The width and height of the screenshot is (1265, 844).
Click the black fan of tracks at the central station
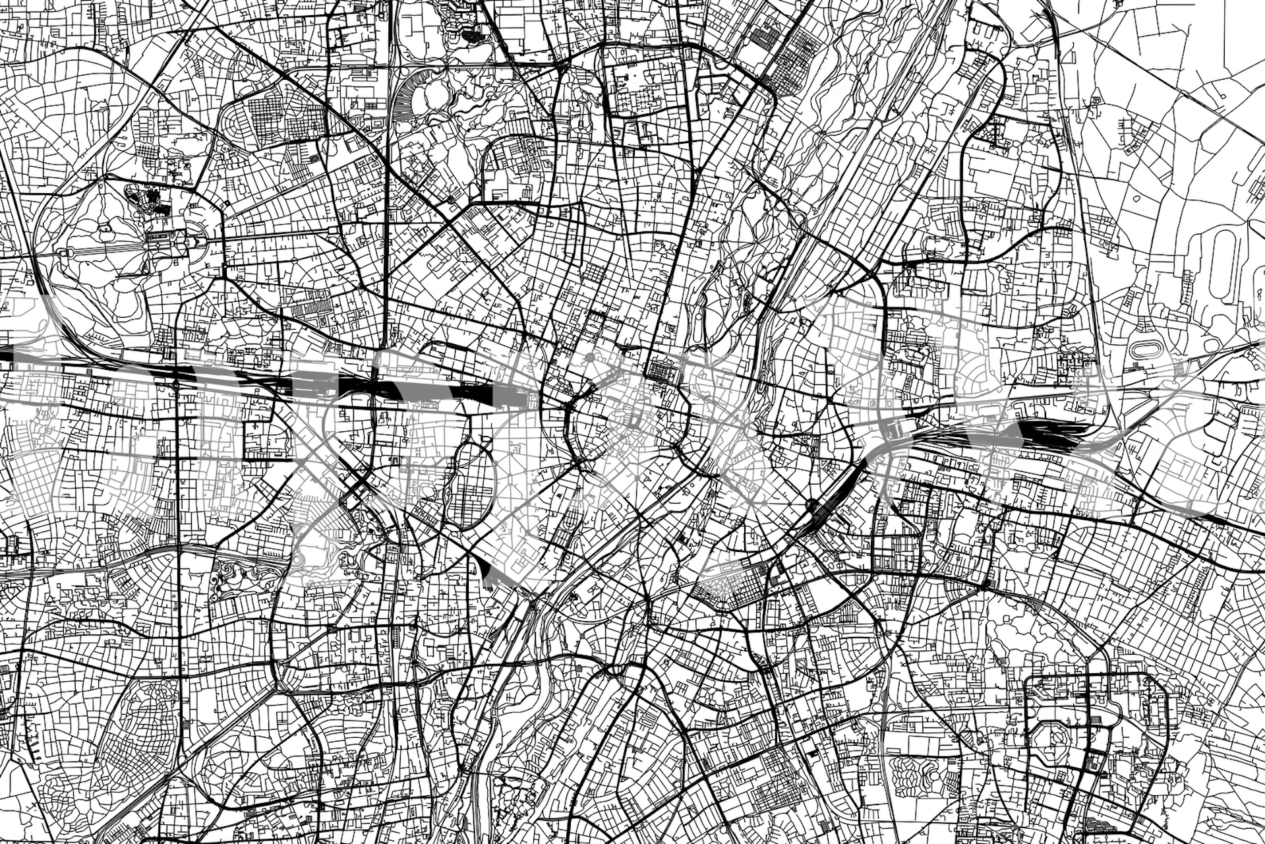coord(488,396)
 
